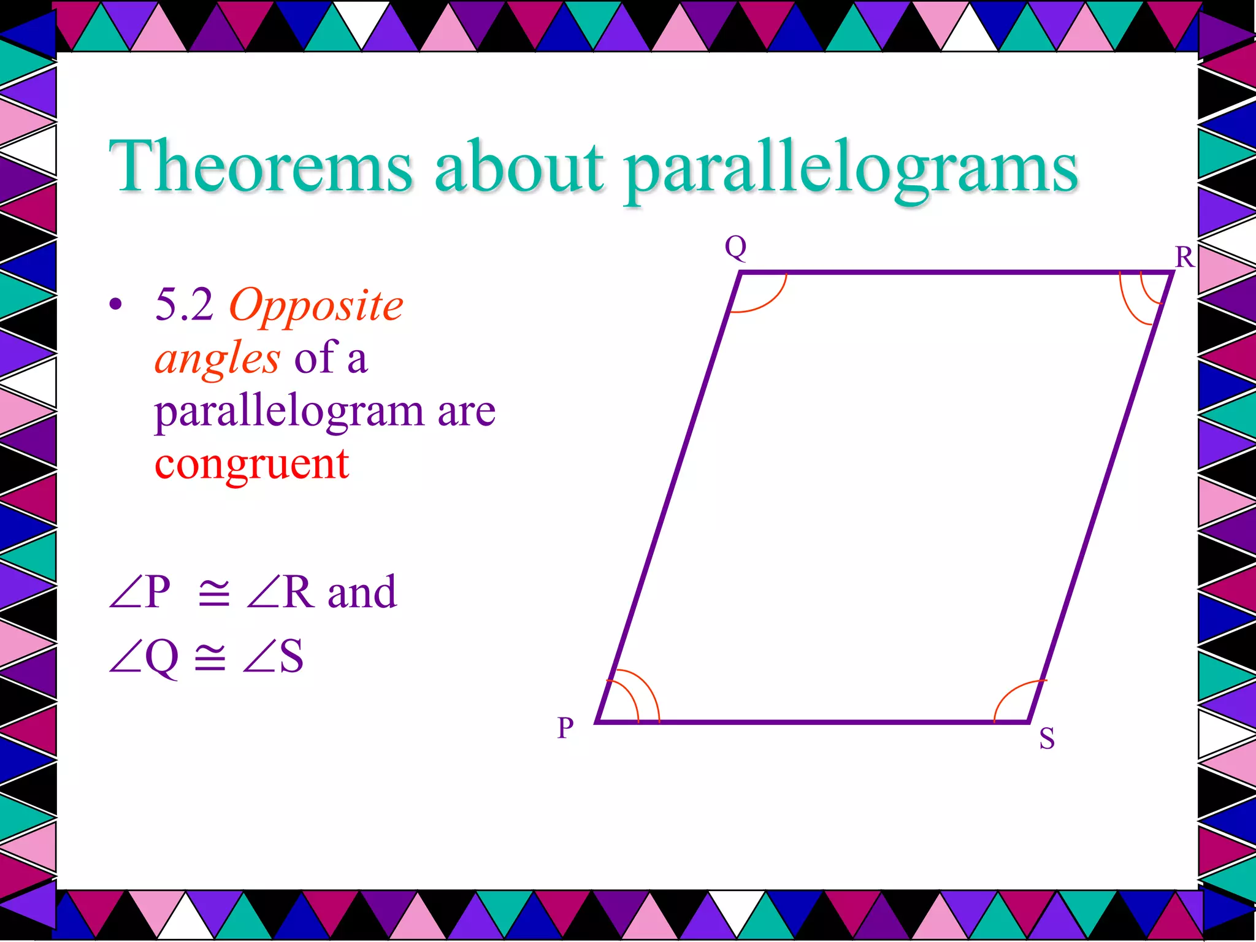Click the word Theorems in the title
point(261,167)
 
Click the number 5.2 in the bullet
point(184,305)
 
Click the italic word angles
point(217,359)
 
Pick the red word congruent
point(251,464)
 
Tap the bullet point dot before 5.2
point(115,305)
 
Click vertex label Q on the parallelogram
point(735,247)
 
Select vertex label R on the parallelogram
point(1184,257)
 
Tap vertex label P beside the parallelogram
point(565,728)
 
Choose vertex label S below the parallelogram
point(1047,738)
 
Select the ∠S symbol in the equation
point(273,657)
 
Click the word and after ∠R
point(362,592)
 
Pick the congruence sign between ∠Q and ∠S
point(210,657)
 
